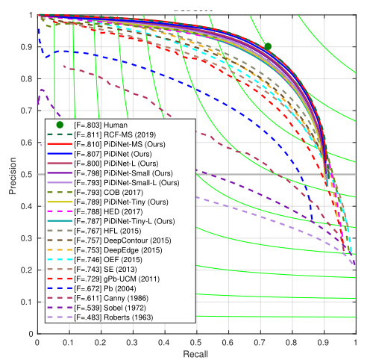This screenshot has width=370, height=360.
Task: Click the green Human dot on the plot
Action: point(268,46)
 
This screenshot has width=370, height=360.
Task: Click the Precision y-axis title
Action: point(13,174)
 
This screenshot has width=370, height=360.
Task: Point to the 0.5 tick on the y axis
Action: point(28,175)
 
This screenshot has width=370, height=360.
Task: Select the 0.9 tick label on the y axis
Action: point(28,47)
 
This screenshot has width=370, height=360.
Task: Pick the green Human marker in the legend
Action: point(60,123)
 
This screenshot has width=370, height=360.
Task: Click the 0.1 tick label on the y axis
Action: point(28,302)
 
